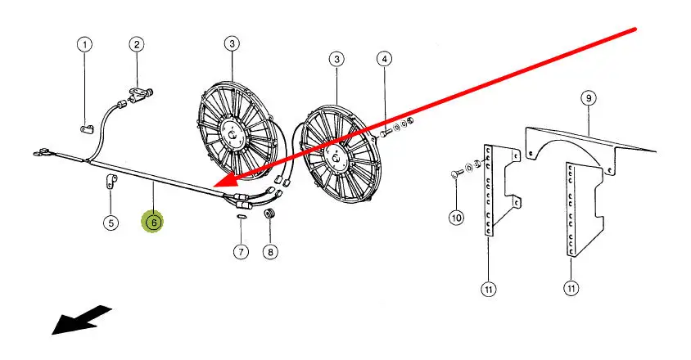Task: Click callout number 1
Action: tap(85, 44)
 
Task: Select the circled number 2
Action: tap(136, 44)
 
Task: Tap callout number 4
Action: tap(385, 59)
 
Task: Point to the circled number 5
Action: tap(111, 222)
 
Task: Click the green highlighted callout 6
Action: tap(152, 221)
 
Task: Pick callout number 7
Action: tap(241, 251)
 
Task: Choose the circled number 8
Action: tap(270, 251)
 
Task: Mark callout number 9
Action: tap(587, 97)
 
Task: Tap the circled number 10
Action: tap(456, 218)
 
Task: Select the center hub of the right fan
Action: tap(335, 152)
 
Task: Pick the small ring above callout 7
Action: tap(241, 218)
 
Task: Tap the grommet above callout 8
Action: tap(269, 214)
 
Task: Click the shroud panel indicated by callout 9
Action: tap(589, 143)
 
